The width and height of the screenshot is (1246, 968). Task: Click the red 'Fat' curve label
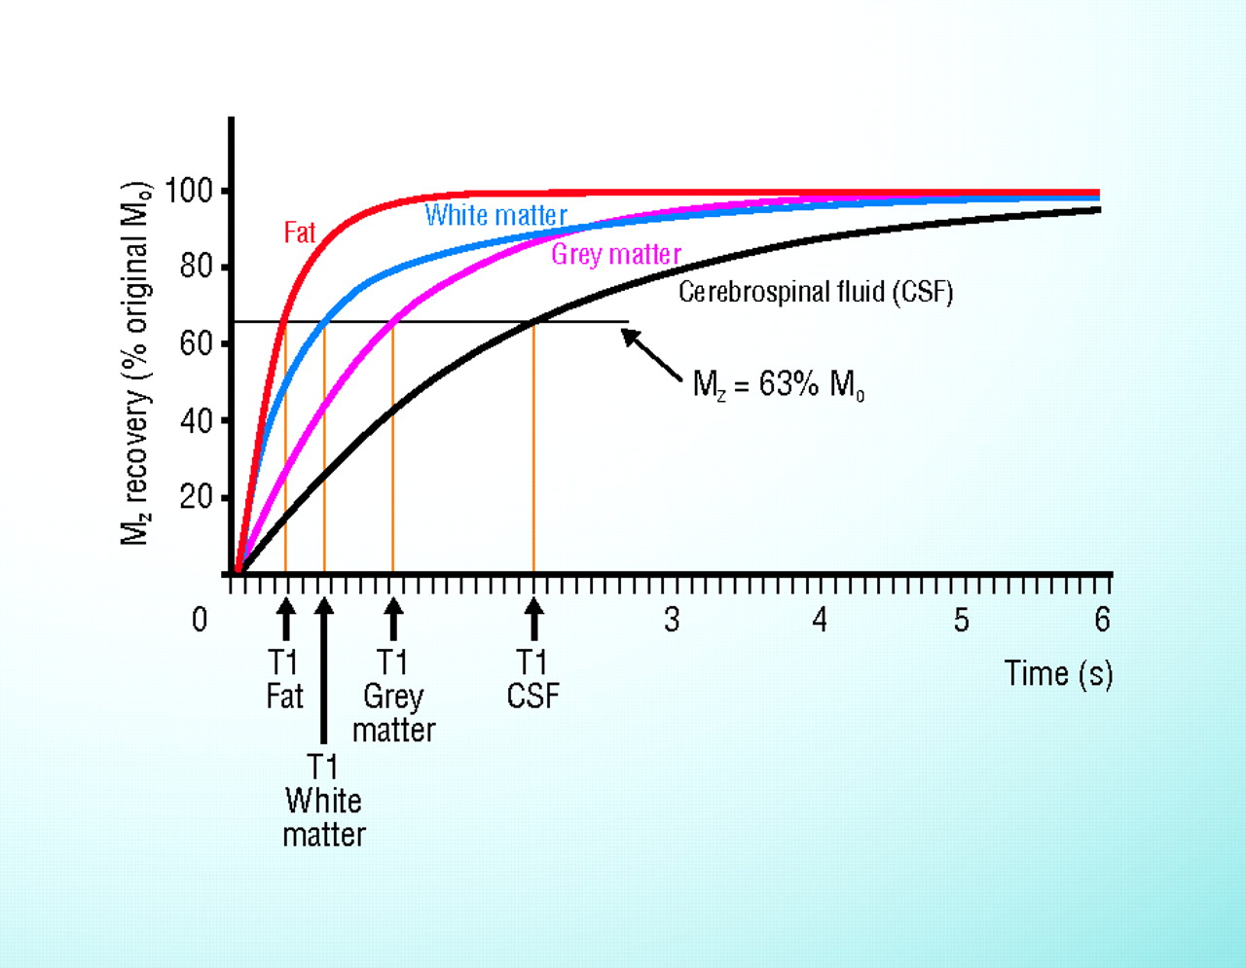300,233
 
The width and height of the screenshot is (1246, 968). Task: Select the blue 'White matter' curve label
495,215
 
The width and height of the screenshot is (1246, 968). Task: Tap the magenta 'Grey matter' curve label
615,254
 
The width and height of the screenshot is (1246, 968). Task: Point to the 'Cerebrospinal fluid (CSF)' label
816,292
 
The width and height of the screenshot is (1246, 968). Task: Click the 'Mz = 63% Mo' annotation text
778,385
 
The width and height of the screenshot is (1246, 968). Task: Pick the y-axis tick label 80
196,267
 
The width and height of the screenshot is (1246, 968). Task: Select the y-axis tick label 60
196,343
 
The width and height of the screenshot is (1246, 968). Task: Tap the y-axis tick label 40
196,420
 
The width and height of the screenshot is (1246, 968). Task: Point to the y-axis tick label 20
196,497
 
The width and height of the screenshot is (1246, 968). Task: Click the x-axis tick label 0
200,620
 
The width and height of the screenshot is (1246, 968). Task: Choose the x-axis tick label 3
672,620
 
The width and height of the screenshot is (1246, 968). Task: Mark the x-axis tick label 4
820,620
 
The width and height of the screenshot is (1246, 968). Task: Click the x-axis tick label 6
1102,620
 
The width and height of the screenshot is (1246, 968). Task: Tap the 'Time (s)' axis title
1058,673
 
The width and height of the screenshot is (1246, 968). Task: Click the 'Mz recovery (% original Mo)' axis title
136,364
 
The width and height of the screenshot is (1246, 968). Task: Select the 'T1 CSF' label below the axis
532,679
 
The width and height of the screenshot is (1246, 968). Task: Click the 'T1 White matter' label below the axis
323,800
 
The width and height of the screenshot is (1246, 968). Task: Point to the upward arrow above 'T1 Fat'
285,619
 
